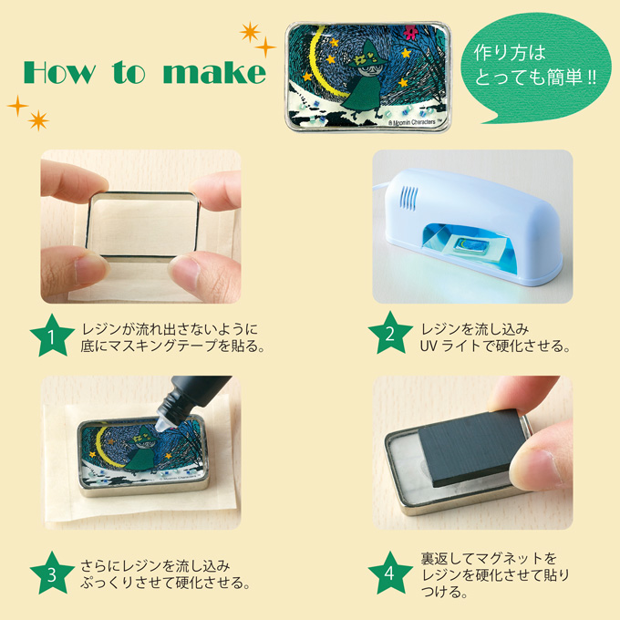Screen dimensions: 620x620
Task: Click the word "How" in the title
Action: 59,72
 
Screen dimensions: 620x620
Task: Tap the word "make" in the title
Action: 214,73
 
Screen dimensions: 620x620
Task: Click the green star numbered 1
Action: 52,336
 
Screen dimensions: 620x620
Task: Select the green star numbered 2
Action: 390,334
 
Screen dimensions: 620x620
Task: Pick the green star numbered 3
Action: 52,573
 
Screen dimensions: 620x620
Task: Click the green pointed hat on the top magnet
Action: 367,55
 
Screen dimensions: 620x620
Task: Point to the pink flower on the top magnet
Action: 410,31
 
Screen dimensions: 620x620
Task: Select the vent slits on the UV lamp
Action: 408,198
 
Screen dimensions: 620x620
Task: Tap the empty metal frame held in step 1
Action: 143,226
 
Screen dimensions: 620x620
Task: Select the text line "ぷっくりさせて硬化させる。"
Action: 165,583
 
